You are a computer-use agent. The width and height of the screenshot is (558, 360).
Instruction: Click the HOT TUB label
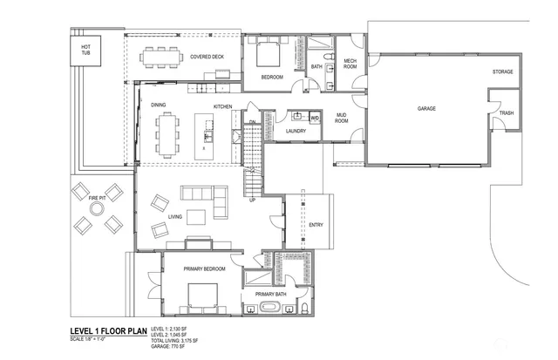point(86,51)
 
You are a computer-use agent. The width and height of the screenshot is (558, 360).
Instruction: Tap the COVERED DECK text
point(208,58)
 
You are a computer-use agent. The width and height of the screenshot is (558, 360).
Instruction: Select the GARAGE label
point(426,109)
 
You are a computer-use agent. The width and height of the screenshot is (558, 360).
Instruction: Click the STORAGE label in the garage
point(502,71)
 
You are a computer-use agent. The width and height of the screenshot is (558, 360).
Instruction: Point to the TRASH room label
point(507,113)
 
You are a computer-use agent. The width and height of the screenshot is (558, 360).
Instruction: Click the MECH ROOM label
point(350,65)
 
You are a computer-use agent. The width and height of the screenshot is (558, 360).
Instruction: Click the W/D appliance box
point(315,116)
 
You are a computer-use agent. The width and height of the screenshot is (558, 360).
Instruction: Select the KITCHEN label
point(223,106)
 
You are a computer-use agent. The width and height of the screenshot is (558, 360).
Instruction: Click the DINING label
point(158,105)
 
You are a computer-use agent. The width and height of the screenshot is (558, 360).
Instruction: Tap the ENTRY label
point(316,226)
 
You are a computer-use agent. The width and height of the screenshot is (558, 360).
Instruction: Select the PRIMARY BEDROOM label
point(205,269)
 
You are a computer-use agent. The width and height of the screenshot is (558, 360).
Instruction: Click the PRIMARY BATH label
point(271,295)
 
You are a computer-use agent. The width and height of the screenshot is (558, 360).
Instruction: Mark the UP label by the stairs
point(253,200)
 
